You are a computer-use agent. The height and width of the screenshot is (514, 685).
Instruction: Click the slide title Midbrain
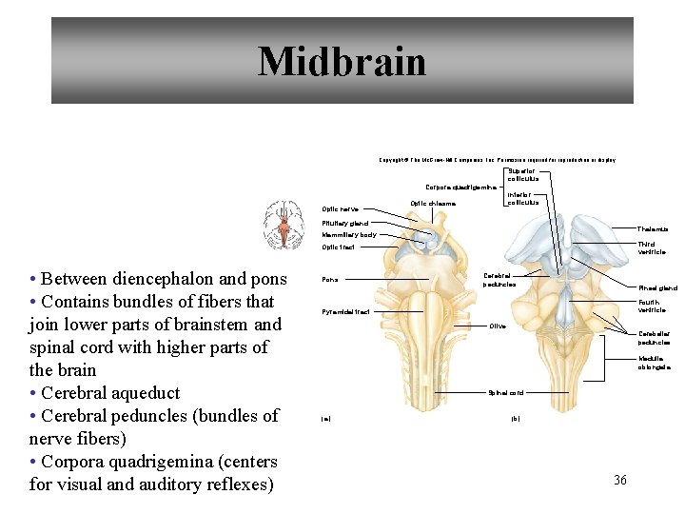(342, 62)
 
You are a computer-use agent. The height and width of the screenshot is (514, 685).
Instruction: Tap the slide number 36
(620, 480)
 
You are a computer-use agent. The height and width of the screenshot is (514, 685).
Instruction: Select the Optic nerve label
(340, 209)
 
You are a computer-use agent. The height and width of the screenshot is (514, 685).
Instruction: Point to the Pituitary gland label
(344, 224)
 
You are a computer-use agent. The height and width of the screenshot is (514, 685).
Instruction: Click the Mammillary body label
(348, 234)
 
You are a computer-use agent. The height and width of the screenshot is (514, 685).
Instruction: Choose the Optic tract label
(338, 247)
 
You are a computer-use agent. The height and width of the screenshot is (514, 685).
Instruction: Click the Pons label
(329, 280)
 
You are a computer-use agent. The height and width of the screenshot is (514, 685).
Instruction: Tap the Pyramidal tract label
(345, 311)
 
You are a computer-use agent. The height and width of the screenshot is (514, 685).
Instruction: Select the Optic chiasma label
(433, 203)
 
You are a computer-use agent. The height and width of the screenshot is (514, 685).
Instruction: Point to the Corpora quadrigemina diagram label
(460, 188)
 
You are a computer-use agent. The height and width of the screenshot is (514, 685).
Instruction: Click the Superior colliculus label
(522, 175)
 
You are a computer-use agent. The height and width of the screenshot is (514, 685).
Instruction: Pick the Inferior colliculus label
(522, 198)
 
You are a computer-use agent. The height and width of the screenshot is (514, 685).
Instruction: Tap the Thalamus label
(653, 229)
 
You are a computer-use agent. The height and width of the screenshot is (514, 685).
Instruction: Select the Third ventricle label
(652, 248)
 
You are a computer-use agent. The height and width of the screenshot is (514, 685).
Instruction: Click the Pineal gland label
(657, 287)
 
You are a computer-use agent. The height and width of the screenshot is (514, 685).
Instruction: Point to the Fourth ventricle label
(652, 306)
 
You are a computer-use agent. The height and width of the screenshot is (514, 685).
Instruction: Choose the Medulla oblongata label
(654, 363)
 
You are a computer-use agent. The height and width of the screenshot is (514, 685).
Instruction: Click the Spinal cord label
(505, 392)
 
